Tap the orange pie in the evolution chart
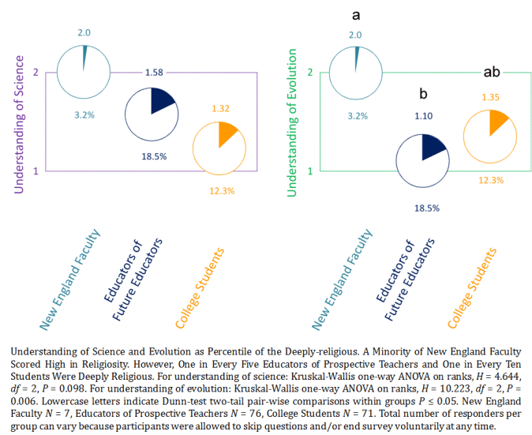click(x=489, y=135)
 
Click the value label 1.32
click(x=220, y=108)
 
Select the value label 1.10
click(x=424, y=116)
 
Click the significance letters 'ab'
click(x=491, y=73)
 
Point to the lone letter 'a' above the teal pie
click(x=356, y=14)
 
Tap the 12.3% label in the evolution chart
click(x=491, y=180)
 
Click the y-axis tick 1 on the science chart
click(x=36, y=171)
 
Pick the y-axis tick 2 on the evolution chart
click(x=310, y=73)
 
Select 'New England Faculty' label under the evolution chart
click(x=343, y=279)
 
